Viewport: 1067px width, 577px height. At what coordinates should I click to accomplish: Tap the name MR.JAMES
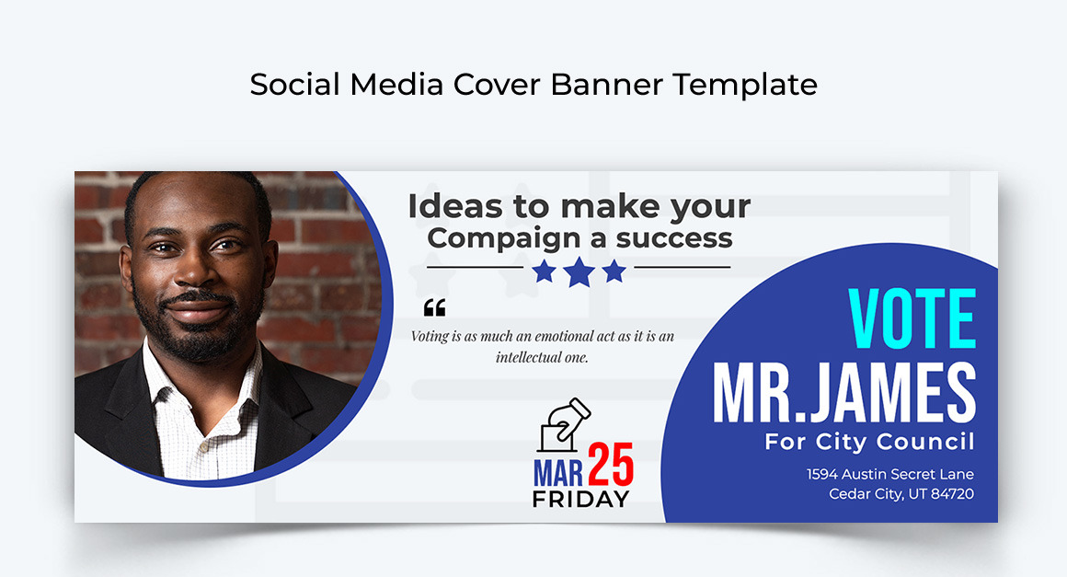(x=843, y=394)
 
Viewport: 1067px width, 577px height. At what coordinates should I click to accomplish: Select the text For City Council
(x=869, y=442)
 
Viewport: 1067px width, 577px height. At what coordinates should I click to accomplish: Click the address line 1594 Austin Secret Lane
(x=889, y=474)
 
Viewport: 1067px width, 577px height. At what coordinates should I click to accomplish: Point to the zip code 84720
(x=952, y=494)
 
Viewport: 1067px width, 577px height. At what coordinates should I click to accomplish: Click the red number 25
(x=611, y=465)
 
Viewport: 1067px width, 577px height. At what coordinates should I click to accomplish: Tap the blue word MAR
(x=558, y=473)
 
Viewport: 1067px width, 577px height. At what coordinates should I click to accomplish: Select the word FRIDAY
(x=580, y=500)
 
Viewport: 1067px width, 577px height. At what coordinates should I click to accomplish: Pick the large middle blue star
(x=579, y=271)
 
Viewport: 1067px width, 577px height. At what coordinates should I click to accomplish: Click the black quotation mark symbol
(x=434, y=307)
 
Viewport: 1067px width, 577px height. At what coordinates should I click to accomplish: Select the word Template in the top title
(x=744, y=85)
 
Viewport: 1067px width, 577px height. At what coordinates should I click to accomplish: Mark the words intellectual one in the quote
(x=542, y=357)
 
